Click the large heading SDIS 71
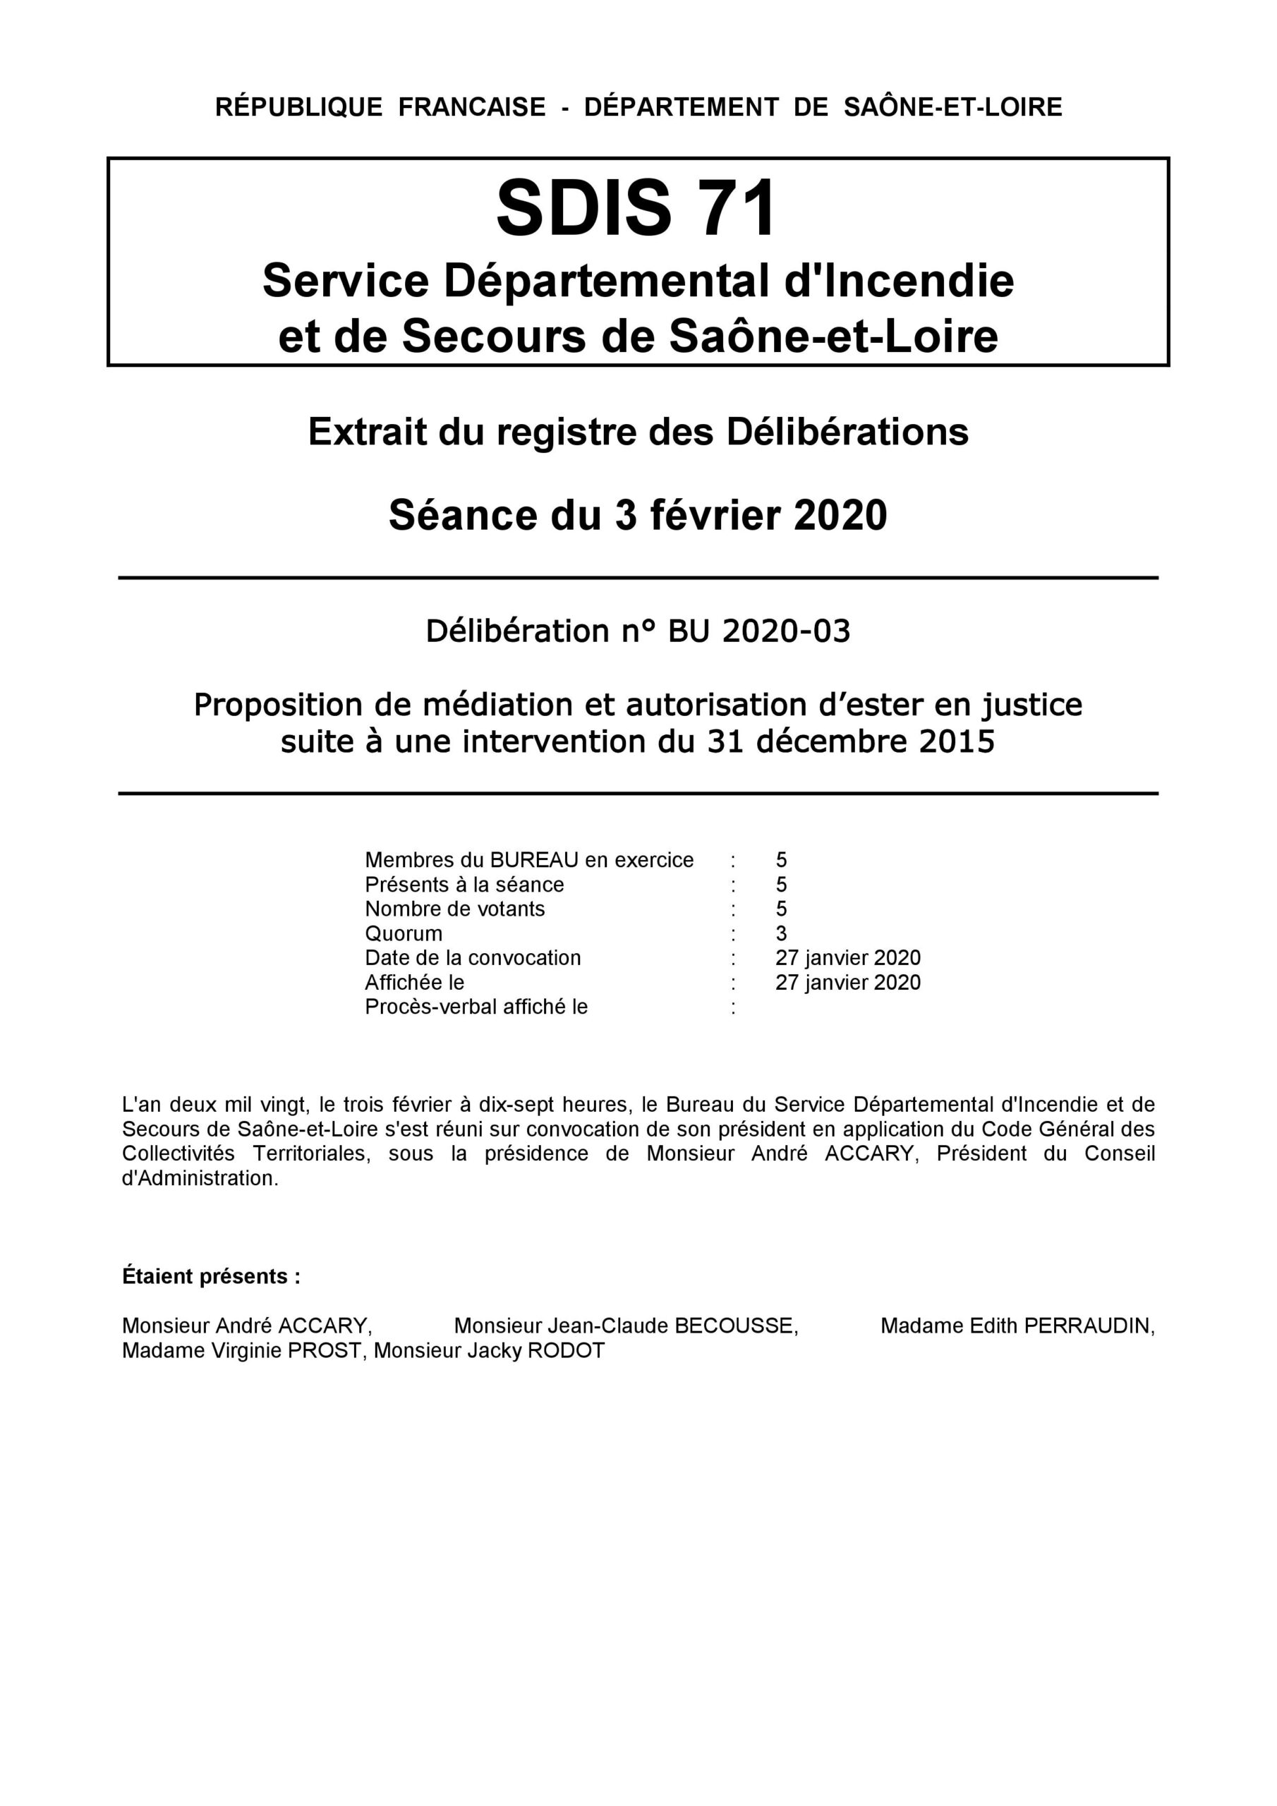[636, 207]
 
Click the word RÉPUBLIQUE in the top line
[298, 107]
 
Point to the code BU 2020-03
[759, 631]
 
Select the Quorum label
[404, 933]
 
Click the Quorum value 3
[781, 933]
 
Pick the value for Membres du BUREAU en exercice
[781, 860]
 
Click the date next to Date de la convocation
[847, 958]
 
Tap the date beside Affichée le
[847, 983]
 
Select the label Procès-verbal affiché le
[476, 1007]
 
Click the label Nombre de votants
[455, 909]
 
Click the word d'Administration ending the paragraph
[200, 1178]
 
